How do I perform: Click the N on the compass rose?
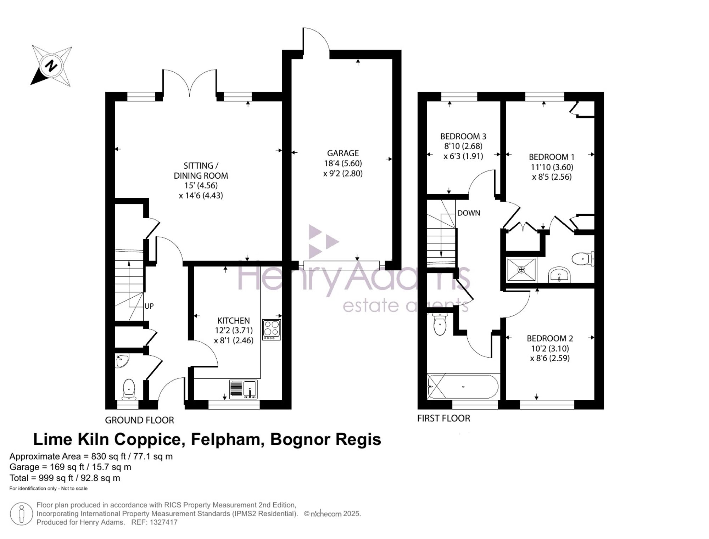(x=51, y=66)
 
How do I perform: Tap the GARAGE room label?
(x=343, y=153)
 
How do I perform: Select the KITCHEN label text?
(x=234, y=321)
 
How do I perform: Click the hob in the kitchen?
(x=272, y=330)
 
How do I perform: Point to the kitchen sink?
(x=244, y=389)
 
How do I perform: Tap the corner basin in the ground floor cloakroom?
(x=122, y=361)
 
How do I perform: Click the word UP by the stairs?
(x=149, y=306)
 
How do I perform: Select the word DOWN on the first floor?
(x=469, y=213)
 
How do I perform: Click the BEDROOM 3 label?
(x=463, y=136)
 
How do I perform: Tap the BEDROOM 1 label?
(x=552, y=157)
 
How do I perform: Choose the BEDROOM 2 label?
(x=550, y=338)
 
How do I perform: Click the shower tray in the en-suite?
(x=521, y=270)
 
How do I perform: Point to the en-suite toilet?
(x=583, y=259)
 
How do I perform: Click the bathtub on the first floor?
(x=463, y=387)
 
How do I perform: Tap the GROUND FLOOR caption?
(x=139, y=420)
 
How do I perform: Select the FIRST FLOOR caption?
(x=443, y=419)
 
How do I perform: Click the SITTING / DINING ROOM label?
(x=201, y=171)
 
